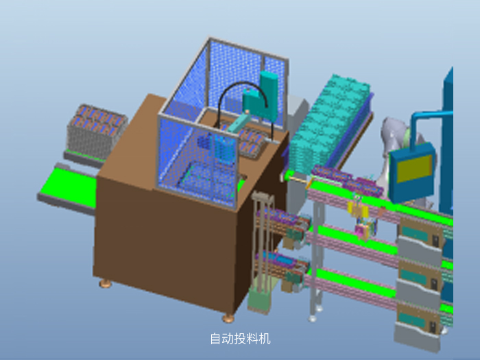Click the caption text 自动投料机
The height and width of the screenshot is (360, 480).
click(240, 339)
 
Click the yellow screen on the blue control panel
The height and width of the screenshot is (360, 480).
click(414, 169)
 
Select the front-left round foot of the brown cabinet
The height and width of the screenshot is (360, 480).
click(106, 283)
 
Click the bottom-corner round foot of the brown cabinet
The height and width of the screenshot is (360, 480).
click(228, 318)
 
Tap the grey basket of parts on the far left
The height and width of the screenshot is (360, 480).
click(97, 129)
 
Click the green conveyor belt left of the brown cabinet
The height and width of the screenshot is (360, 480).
click(69, 186)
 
